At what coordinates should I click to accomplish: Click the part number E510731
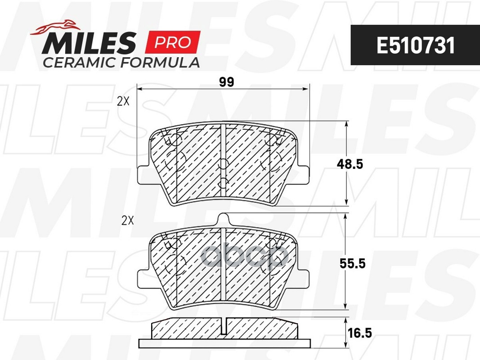click(x=415, y=45)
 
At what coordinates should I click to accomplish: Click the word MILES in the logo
click(x=89, y=43)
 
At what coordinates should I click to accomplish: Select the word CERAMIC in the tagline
click(x=80, y=63)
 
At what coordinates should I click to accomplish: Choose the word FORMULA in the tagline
click(x=160, y=63)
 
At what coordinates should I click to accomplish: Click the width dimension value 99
click(x=227, y=82)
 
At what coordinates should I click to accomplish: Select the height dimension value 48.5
click(x=350, y=164)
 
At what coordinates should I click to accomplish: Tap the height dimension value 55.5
click(x=352, y=263)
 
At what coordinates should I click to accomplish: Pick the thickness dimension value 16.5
click(x=359, y=333)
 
